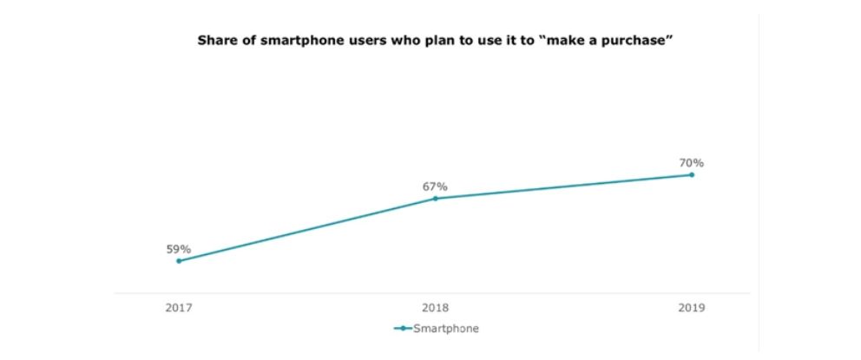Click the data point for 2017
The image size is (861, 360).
(x=179, y=260)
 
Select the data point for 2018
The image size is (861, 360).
(x=435, y=199)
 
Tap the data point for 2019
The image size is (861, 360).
(x=692, y=174)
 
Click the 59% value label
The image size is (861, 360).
(x=179, y=249)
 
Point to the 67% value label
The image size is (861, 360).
(x=435, y=187)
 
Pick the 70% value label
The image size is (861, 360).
(x=692, y=163)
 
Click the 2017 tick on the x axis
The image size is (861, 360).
(x=179, y=308)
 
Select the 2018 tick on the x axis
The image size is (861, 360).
(x=435, y=308)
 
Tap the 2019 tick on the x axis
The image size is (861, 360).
(x=692, y=308)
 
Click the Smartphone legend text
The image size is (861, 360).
(x=446, y=329)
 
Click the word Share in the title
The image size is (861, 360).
(x=216, y=39)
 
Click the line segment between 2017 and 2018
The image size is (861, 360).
(x=306, y=230)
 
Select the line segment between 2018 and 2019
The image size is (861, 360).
(x=563, y=187)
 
